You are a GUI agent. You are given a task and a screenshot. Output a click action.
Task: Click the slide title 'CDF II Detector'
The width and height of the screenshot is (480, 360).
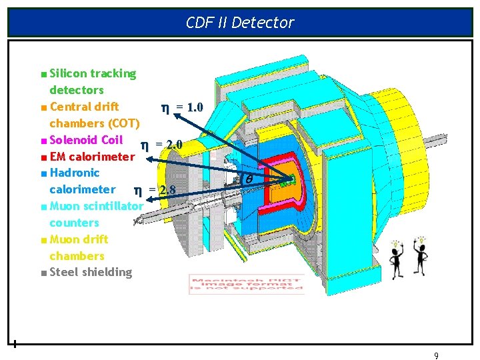[240, 23]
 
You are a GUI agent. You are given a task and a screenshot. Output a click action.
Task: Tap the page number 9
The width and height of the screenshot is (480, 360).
[436, 355]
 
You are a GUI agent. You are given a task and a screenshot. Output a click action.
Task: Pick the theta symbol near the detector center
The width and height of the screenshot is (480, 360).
[249, 179]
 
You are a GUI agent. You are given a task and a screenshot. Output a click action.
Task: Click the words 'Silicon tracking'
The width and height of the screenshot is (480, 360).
[93, 73]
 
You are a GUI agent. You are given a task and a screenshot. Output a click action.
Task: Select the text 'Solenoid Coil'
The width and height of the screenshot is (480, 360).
[86, 140]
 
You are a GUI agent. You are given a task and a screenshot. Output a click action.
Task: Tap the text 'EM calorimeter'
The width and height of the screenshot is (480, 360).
[92, 157]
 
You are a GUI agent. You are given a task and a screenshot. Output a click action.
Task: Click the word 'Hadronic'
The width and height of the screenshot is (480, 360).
[75, 173]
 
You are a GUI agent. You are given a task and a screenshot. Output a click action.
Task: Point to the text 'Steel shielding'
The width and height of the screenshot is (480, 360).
[91, 272]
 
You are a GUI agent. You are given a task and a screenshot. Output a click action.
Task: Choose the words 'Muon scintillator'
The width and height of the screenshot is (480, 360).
[96, 206]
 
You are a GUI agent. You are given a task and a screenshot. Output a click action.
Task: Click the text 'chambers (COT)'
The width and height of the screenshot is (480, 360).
[95, 123]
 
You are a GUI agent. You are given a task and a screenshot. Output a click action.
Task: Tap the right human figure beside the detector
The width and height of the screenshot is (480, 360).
[422, 255]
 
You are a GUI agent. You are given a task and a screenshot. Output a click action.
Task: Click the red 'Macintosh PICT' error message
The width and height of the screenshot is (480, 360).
[247, 284]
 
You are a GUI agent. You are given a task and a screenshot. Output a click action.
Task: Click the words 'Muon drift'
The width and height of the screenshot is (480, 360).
[79, 239]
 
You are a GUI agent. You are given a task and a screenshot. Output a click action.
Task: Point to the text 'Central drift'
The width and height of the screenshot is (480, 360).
[84, 107]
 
